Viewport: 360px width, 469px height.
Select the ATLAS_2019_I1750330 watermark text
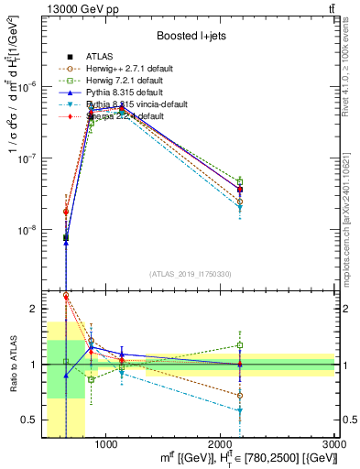[x=191, y=274]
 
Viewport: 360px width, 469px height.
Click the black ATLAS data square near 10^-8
[x=66, y=238]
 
